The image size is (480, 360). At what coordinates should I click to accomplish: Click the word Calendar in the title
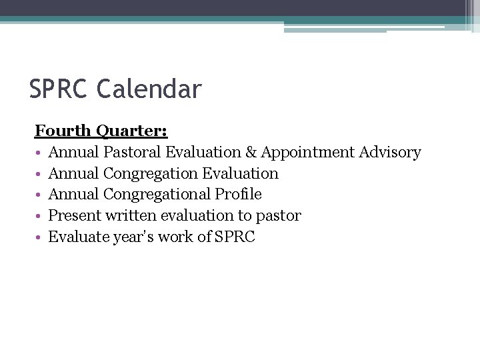pyautogui.click(x=149, y=89)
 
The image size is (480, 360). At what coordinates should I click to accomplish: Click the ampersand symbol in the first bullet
pyautogui.click(x=250, y=153)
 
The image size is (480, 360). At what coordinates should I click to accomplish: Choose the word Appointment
pyautogui.click(x=307, y=153)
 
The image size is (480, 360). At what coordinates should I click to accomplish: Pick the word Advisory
pyautogui.click(x=390, y=153)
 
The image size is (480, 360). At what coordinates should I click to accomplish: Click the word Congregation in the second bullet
pyautogui.click(x=151, y=173)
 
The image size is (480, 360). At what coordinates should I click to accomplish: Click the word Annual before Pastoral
pyautogui.click(x=74, y=153)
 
